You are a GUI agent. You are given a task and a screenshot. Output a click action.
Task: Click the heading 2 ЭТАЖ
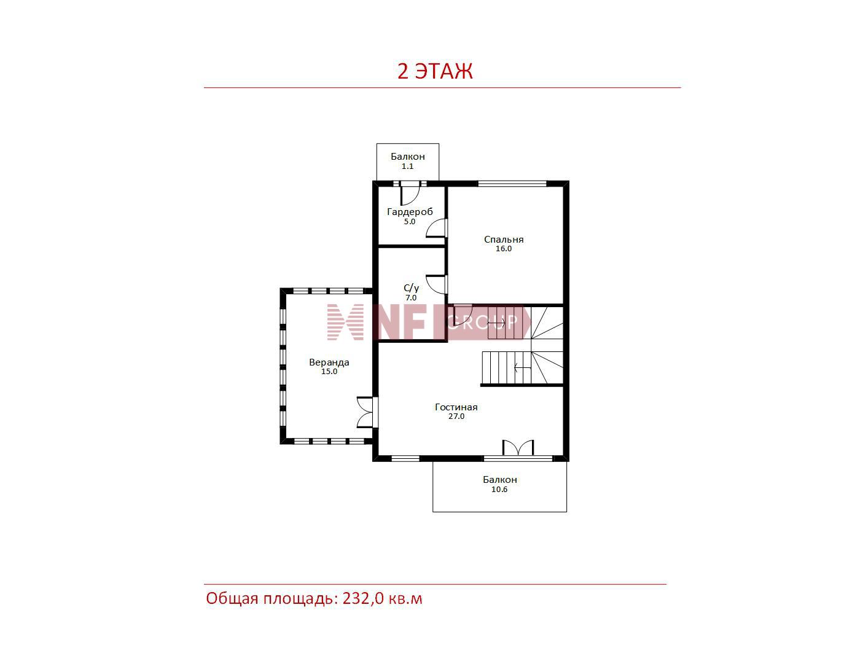click(x=434, y=71)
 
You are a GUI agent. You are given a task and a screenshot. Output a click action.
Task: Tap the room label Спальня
click(x=504, y=240)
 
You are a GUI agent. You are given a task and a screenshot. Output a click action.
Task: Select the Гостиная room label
click(x=456, y=407)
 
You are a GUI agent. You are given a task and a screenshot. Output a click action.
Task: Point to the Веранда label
click(x=329, y=362)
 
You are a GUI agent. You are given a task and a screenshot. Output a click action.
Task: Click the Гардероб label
click(x=410, y=212)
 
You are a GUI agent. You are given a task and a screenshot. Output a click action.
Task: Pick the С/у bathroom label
click(x=411, y=288)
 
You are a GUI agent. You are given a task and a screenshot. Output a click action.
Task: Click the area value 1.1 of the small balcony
click(x=407, y=166)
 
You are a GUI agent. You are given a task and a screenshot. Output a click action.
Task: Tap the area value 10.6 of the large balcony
click(x=499, y=490)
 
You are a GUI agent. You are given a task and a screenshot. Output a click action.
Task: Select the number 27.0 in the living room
click(x=456, y=416)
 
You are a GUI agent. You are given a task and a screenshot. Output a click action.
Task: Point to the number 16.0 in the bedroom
click(x=504, y=249)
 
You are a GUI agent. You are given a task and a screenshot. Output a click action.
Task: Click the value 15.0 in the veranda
click(x=329, y=372)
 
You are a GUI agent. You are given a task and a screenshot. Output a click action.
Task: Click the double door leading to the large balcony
click(x=518, y=448)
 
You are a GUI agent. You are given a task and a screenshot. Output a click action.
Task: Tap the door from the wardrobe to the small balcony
click(x=410, y=194)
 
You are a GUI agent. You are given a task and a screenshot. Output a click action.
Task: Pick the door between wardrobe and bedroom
click(x=437, y=229)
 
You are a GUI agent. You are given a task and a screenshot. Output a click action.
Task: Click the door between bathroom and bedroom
click(x=437, y=284)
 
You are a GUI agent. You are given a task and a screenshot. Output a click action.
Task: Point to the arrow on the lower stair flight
click(x=522, y=368)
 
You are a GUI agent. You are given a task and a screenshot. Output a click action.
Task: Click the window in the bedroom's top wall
click(x=512, y=183)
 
